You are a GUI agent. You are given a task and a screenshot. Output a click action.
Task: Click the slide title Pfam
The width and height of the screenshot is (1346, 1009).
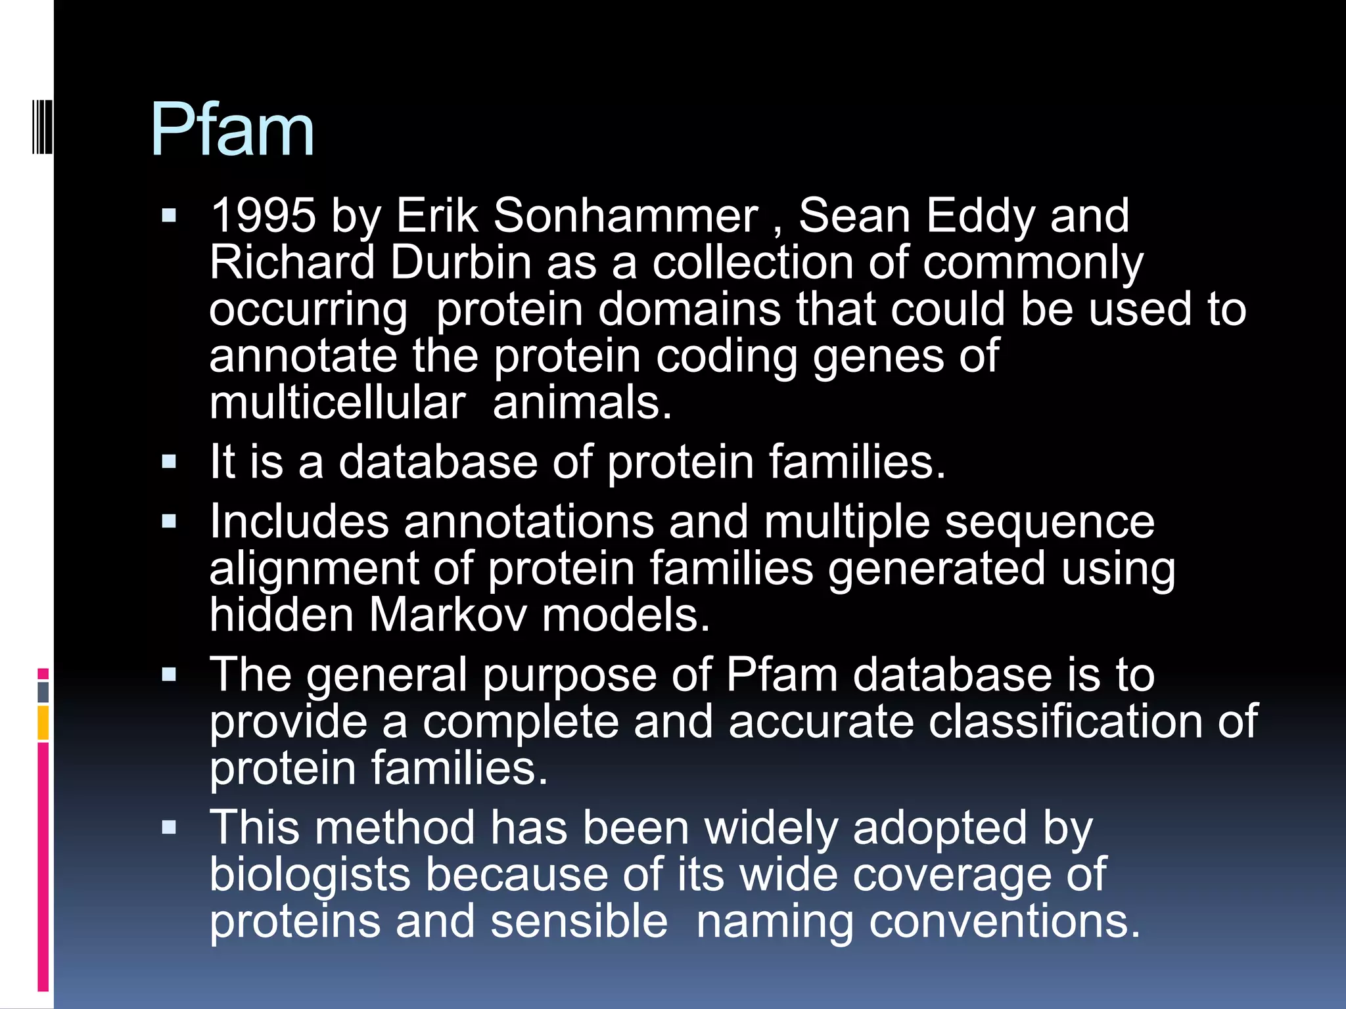pyautogui.click(x=232, y=130)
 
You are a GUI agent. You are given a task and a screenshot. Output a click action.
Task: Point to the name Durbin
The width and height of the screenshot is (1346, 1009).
pyautogui.click(x=460, y=262)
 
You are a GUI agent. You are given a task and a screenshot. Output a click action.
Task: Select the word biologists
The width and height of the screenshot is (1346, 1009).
pyautogui.click(x=309, y=875)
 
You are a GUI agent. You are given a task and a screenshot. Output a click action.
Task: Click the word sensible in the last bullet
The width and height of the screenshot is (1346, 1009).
pyautogui.click(x=578, y=921)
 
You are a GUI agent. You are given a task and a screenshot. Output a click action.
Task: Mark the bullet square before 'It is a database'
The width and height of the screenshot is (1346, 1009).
pyautogui.click(x=170, y=462)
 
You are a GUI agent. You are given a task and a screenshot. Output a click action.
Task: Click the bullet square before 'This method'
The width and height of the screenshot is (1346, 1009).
pyautogui.click(x=170, y=827)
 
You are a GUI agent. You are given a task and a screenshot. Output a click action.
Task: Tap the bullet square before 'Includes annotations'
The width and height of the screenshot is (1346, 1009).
pyautogui.click(x=170, y=522)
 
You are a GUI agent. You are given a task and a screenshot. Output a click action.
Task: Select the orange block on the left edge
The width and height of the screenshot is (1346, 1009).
pyautogui.click(x=43, y=723)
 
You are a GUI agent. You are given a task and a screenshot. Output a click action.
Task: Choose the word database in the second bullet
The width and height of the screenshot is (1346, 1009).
pyautogui.click(x=438, y=462)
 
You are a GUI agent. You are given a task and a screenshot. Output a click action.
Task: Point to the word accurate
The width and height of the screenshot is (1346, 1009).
pyautogui.click(x=820, y=721)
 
